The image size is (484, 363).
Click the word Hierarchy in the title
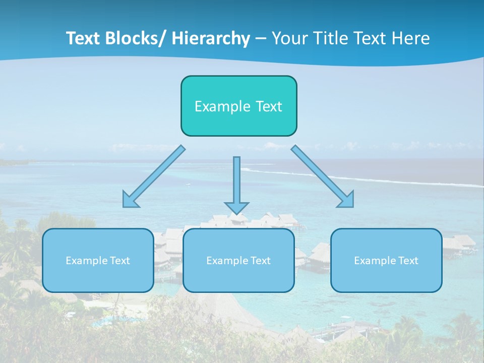211,39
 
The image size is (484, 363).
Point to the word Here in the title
410,39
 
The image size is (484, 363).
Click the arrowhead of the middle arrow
236,207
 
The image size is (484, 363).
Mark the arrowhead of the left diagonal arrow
130,200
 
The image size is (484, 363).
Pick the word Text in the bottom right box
408,261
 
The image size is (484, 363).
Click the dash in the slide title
261,39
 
